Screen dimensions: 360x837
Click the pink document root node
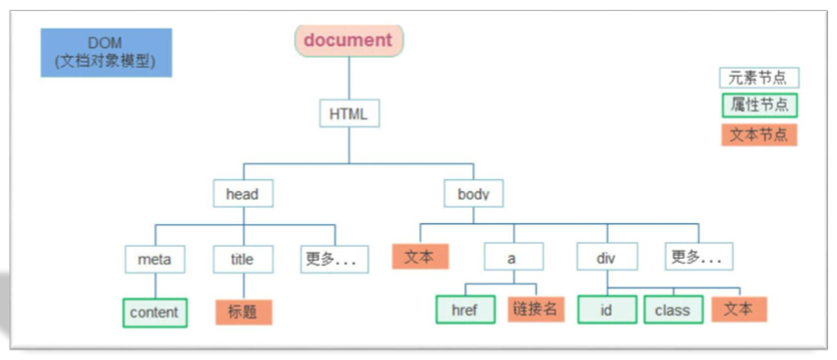tap(349, 40)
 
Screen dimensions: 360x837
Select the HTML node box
tap(348, 113)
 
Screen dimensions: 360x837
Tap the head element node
tap(242, 194)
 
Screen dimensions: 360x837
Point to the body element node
tap(473, 194)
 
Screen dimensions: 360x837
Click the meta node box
tap(154, 260)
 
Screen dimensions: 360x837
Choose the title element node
tap(242, 260)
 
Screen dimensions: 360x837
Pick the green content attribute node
tap(154, 312)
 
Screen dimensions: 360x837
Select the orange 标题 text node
tap(242, 312)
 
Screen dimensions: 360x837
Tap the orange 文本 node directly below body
tap(421, 257)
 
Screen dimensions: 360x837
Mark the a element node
tap(512, 257)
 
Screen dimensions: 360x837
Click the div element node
tap(606, 257)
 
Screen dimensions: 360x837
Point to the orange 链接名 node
tap(537, 309)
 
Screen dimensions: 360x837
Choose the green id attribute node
tap(606, 309)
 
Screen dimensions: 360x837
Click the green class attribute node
tap(673, 309)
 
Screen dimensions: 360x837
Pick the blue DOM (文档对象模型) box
tap(106, 53)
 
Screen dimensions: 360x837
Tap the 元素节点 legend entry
tap(758, 79)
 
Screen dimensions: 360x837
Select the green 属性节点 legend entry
tap(758, 105)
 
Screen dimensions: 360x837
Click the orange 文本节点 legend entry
tap(758, 134)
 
